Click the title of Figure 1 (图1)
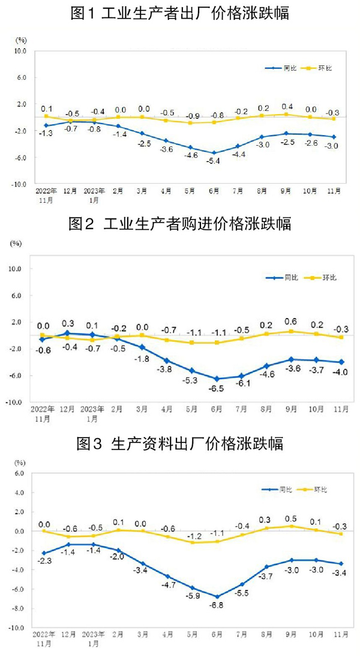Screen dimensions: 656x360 [180, 13]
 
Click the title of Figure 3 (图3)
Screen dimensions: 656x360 [180, 444]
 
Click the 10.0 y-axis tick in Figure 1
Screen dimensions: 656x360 [20, 51]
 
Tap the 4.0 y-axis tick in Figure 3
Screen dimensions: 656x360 [19, 493]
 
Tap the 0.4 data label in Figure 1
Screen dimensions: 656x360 [287, 106]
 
